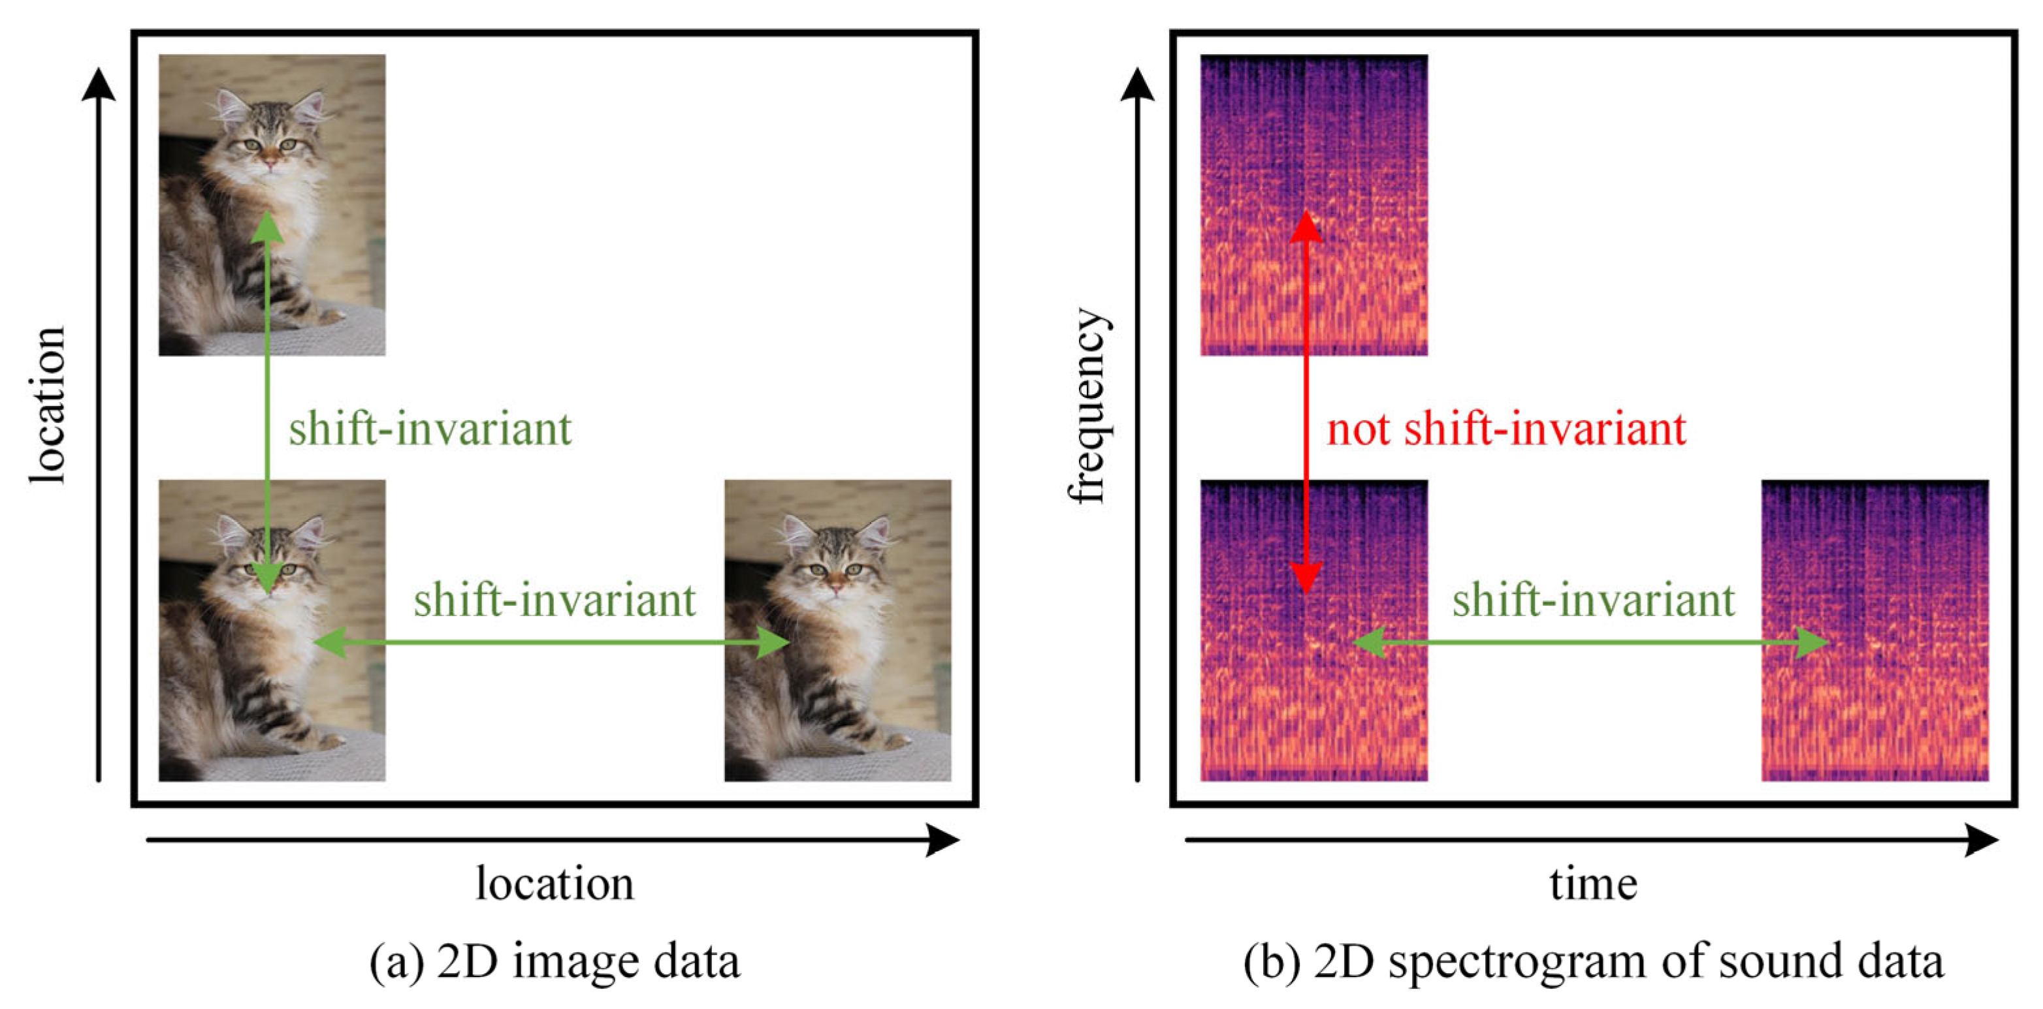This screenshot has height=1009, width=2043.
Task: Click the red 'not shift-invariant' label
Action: pos(1505,429)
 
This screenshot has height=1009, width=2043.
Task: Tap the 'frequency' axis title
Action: pos(1088,406)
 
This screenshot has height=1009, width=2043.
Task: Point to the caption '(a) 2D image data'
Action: pos(555,961)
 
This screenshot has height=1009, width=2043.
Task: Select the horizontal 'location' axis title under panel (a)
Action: pos(555,884)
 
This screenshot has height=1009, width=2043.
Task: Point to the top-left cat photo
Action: pos(272,204)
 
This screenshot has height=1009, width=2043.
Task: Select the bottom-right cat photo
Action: pos(837,630)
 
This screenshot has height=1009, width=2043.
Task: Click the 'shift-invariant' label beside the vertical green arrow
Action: pos(429,429)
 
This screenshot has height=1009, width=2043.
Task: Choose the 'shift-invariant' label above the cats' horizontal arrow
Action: pos(555,600)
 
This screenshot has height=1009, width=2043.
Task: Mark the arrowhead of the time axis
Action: pos(1980,840)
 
